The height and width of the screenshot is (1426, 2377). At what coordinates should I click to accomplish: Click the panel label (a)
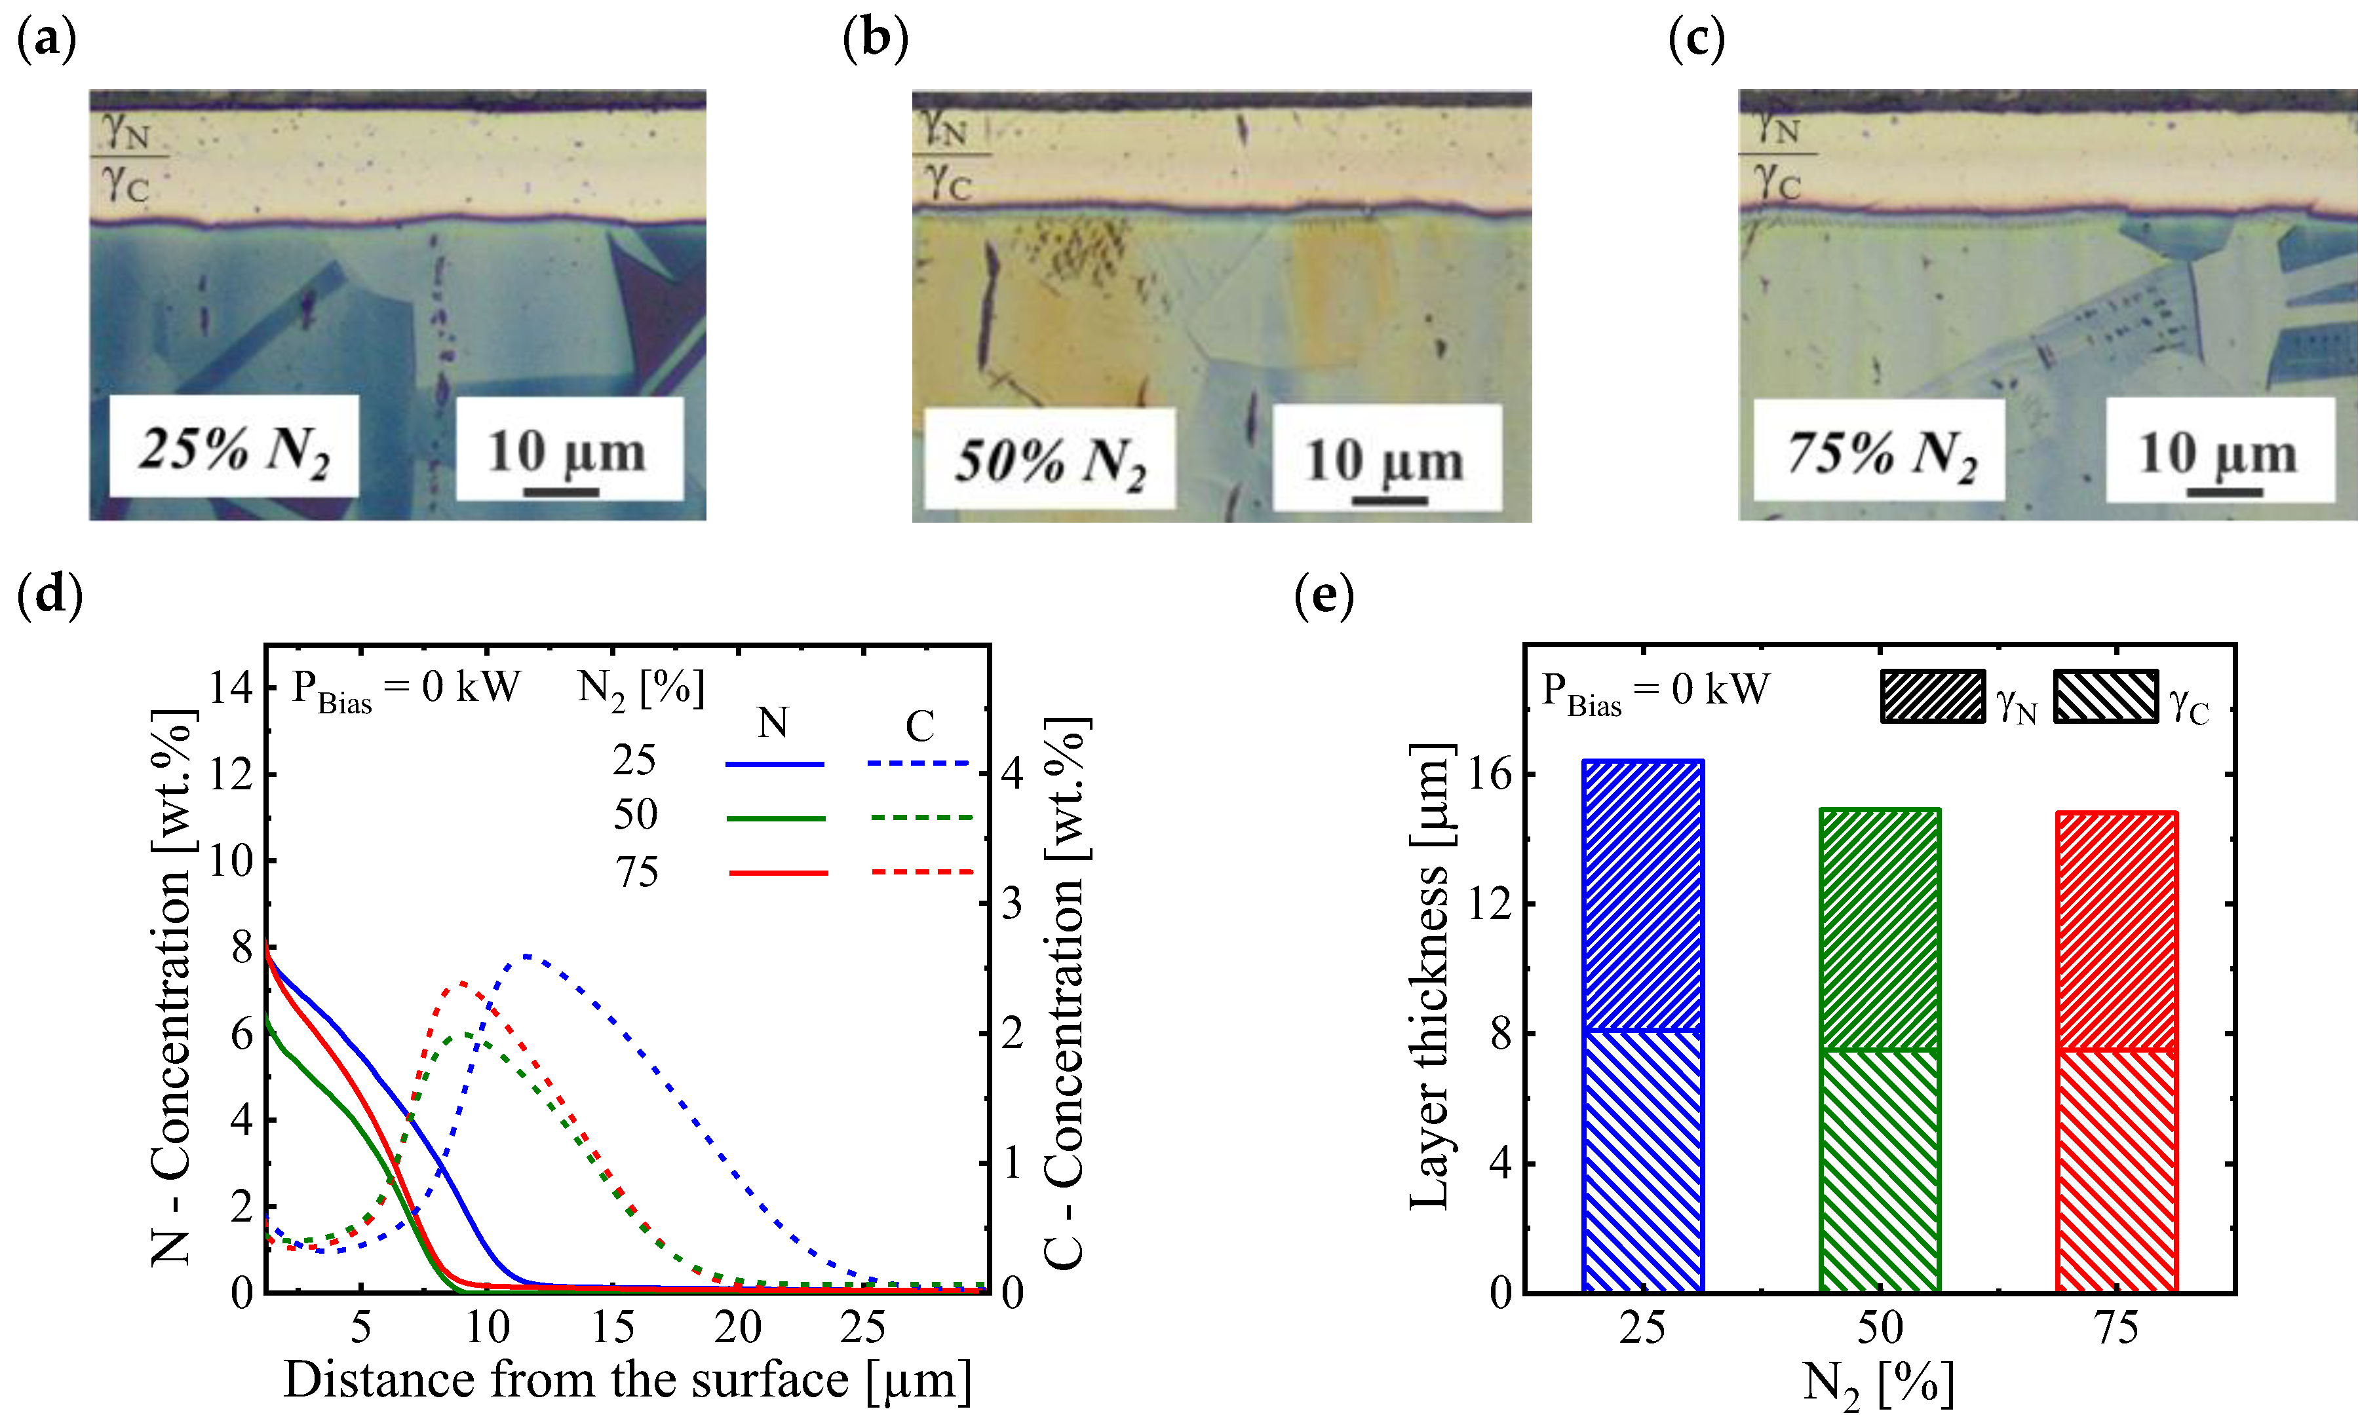(x=46, y=41)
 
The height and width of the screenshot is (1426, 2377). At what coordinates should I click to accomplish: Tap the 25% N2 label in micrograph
(x=233, y=448)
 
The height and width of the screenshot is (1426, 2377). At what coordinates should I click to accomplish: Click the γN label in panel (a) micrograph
(x=127, y=131)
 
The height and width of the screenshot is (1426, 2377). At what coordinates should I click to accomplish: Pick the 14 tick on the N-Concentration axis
(x=231, y=688)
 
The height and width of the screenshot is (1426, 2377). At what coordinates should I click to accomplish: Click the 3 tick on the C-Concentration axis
(x=1012, y=904)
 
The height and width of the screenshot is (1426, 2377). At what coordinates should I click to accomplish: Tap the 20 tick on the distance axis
(x=737, y=1327)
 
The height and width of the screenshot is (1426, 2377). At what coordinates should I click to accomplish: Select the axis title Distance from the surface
(x=627, y=1381)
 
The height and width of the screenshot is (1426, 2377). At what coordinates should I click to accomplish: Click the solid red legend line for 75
(x=778, y=872)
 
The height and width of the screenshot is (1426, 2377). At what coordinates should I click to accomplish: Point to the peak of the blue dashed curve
(x=528, y=956)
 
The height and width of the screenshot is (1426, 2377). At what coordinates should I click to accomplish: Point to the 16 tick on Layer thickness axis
(x=1491, y=774)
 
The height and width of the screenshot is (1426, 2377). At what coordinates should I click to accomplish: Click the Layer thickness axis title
(x=1430, y=975)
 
